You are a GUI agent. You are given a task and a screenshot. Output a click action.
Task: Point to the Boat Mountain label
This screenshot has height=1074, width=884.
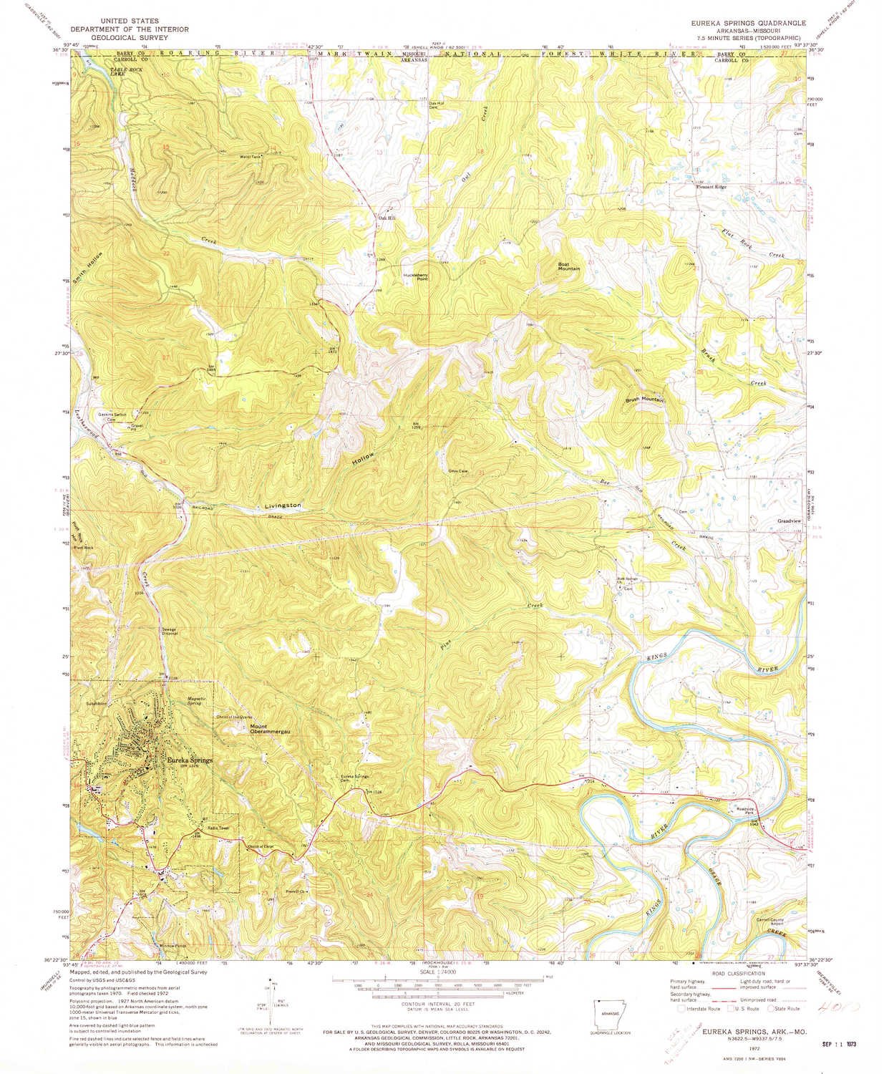[x=569, y=266]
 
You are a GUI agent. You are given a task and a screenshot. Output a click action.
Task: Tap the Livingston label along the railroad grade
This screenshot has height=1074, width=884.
[x=283, y=506]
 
